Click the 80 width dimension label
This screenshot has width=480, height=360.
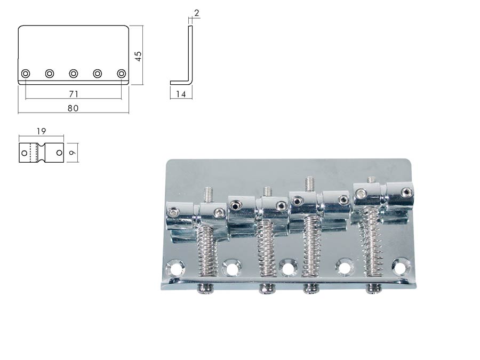tap(73, 108)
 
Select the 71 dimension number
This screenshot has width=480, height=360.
tap(74, 94)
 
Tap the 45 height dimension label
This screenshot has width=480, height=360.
tap(138, 56)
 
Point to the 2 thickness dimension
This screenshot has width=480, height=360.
tap(196, 13)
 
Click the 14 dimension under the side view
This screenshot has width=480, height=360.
tap(181, 94)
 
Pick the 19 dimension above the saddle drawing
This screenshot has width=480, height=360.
tap(41, 131)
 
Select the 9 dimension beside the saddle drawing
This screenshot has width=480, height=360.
tap(72, 153)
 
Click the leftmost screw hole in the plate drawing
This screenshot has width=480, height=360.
tap(26, 74)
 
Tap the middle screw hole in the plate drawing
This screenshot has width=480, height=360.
tap(74, 74)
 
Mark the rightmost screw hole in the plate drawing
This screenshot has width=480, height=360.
tap(122, 74)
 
